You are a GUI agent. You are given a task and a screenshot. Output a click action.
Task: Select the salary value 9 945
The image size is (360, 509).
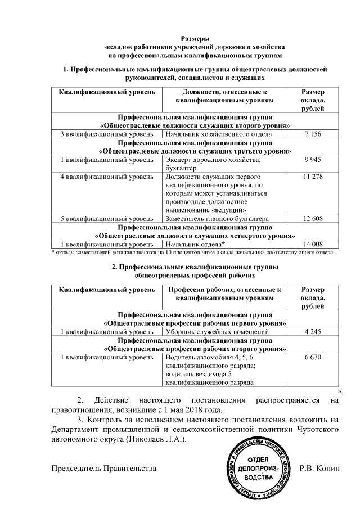pyautogui.click(x=312, y=160)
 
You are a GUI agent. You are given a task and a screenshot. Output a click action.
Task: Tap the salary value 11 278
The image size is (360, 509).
pyautogui.click(x=312, y=177)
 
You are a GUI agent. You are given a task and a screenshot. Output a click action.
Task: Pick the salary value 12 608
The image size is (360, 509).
pyautogui.click(x=312, y=218)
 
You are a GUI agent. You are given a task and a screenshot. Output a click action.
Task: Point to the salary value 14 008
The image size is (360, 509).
pyautogui.click(x=312, y=244)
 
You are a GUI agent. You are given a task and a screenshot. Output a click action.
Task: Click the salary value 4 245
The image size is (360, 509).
pyautogui.click(x=312, y=332)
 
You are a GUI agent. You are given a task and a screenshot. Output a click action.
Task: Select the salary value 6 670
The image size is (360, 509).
pyautogui.click(x=312, y=357)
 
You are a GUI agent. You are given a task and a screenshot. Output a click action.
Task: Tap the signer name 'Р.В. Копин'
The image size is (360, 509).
pyautogui.click(x=320, y=468)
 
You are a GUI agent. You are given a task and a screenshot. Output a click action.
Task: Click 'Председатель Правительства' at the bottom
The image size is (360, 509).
pyautogui.click(x=104, y=468)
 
